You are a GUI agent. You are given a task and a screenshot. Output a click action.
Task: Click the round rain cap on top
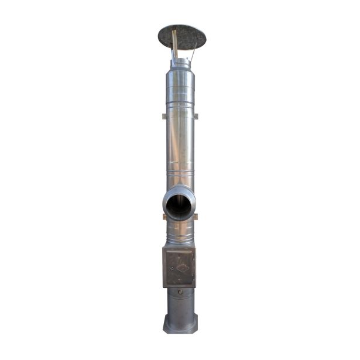(x=181, y=36)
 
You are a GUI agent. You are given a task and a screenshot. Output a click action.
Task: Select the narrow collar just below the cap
(x=180, y=63)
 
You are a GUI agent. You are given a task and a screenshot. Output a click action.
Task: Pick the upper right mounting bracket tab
(x=196, y=116)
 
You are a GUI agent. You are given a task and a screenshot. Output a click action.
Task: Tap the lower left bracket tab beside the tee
(x=163, y=217)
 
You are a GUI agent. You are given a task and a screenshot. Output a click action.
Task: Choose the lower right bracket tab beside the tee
(x=196, y=217)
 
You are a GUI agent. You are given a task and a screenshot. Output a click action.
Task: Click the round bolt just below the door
(x=180, y=292)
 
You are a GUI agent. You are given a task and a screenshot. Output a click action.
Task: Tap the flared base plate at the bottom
(x=180, y=324)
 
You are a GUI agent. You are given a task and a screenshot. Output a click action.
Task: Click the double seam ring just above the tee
(x=180, y=174)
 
